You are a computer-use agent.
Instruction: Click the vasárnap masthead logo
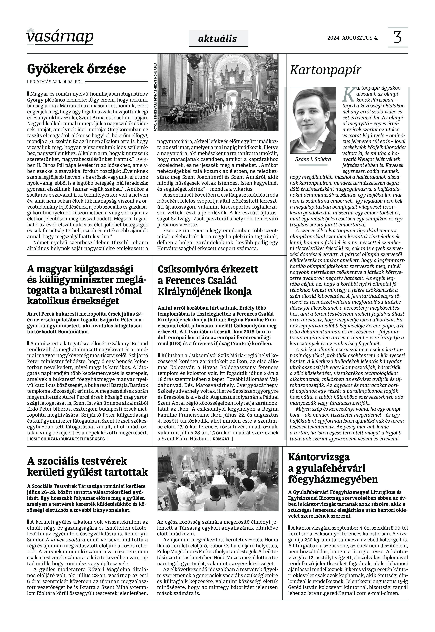tap(60, 37)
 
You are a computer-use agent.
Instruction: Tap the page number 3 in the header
tap(397, 37)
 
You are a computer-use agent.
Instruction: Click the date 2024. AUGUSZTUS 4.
tap(352, 38)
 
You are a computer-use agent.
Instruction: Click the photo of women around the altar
tap(218, 483)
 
